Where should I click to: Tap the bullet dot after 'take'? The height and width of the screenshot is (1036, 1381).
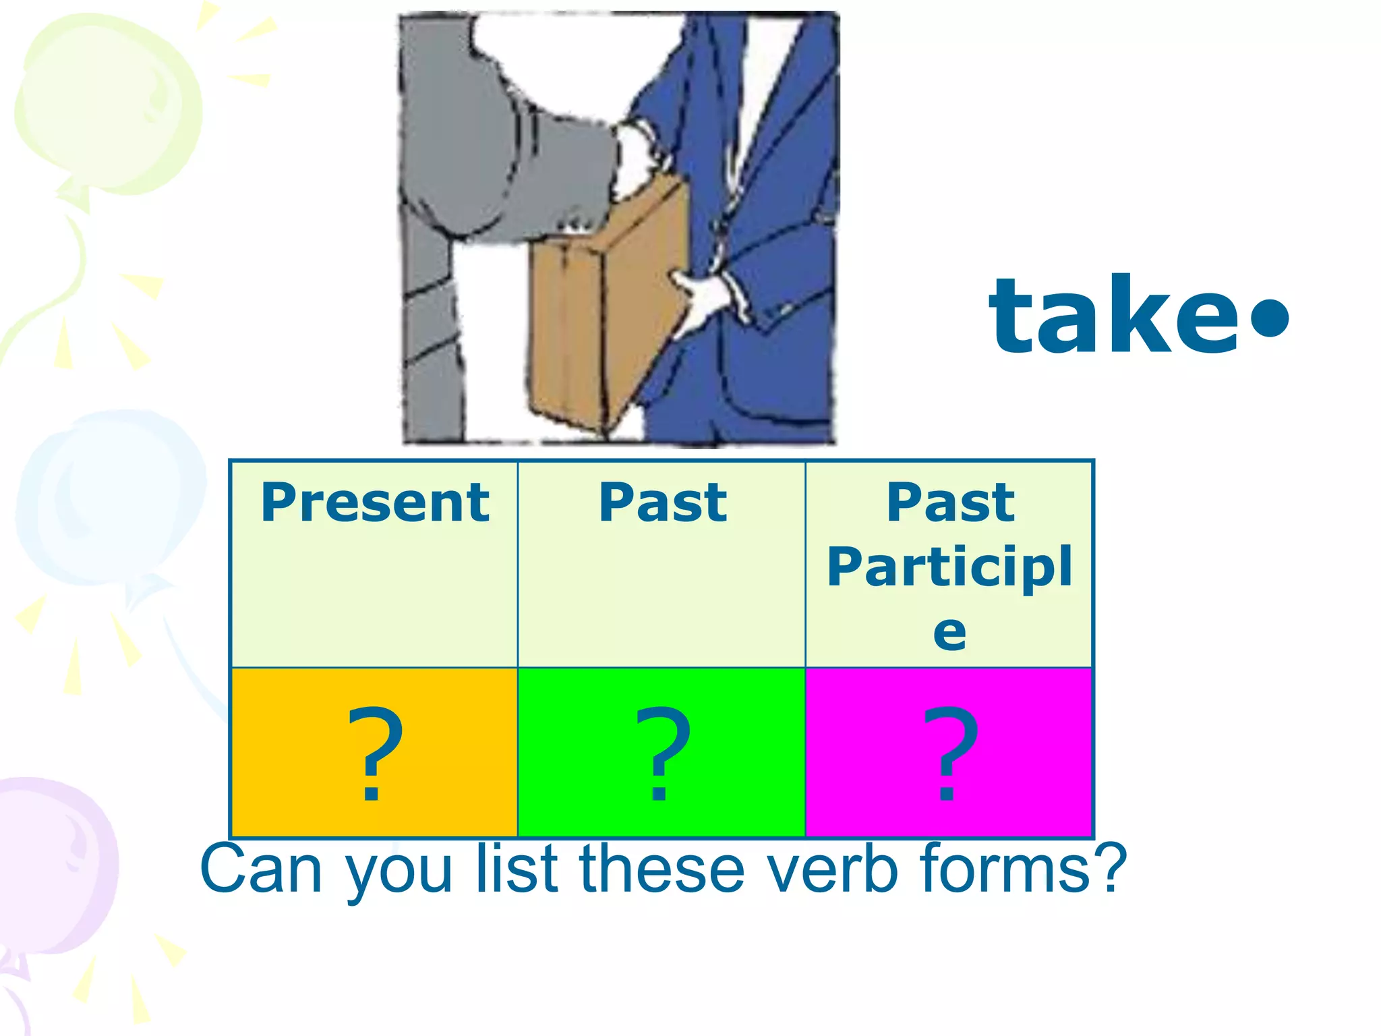tap(1269, 316)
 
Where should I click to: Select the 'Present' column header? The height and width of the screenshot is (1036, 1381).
tap(375, 502)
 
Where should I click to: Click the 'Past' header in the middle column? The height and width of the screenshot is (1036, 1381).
tap(663, 502)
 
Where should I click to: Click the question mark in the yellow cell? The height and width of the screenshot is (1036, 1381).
tap(375, 753)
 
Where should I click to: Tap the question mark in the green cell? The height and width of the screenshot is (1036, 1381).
tap(663, 753)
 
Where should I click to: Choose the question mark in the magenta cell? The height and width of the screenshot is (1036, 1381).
tap(949, 753)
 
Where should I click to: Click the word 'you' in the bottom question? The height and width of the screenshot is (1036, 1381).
tap(399, 873)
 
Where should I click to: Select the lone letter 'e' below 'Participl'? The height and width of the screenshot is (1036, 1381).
tap(949, 633)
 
